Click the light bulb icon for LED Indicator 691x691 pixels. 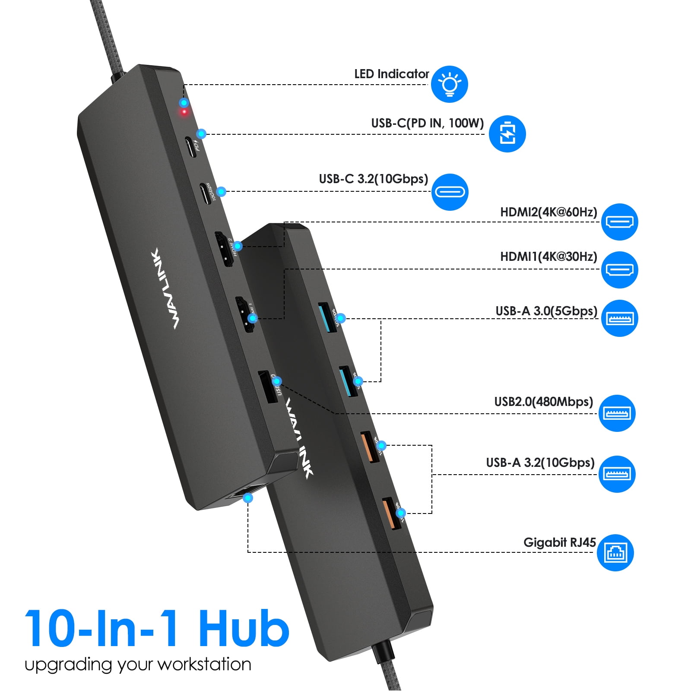[449, 84]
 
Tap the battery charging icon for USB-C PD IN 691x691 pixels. [507, 133]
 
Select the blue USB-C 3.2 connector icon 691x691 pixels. [450, 192]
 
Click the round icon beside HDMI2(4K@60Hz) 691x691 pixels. [619, 222]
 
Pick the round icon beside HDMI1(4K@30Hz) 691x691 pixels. [619, 270]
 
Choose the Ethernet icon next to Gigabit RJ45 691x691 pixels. [615, 552]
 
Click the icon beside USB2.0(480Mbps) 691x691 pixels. [617, 413]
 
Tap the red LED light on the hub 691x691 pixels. [184, 112]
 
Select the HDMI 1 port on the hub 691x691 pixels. [244, 314]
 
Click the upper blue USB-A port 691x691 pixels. [327, 318]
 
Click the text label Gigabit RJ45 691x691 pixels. [559, 542]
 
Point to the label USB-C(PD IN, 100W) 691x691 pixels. [427, 124]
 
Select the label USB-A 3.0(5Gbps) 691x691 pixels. [546, 311]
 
